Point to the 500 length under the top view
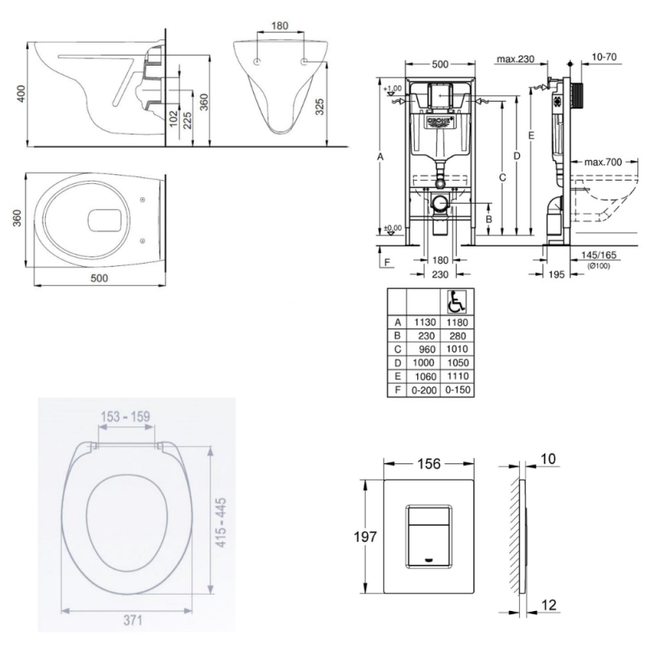pyautogui.click(x=99, y=278)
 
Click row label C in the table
pyautogui.click(x=397, y=349)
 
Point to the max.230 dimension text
pyautogui.click(x=515, y=58)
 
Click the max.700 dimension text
pyautogui.click(x=603, y=162)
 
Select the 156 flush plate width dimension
pyautogui.click(x=429, y=464)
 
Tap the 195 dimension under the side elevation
pyautogui.click(x=556, y=273)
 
